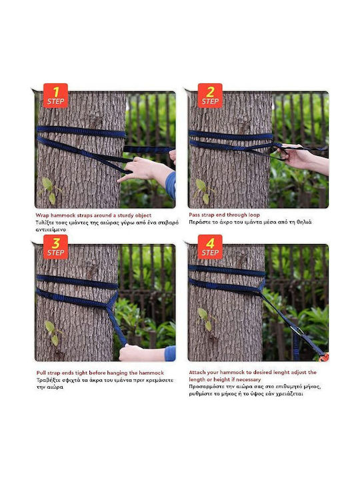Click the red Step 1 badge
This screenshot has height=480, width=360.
tap(55, 96)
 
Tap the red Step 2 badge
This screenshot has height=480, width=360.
tap(210, 96)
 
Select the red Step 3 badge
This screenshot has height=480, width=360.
tap(55, 247)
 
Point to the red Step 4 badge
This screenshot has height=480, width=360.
tap(210, 247)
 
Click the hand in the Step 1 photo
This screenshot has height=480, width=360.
tap(144, 169)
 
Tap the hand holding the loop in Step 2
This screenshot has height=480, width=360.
tap(295, 157)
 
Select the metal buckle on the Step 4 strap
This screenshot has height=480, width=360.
tap(297, 330)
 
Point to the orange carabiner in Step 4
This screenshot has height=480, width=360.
tap(325, 357)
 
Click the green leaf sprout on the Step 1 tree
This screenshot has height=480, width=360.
tap(49, 190)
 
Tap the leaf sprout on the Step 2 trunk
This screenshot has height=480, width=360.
tap(203, 191)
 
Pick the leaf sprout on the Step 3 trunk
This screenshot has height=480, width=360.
tap(53, 333)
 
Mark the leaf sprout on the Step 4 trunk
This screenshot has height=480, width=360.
tap(206, 319)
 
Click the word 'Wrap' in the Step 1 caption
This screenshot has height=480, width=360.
tap(42, 215)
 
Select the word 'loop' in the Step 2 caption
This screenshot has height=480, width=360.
tap(253, 215)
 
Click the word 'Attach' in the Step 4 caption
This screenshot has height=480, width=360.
tap(197, 373)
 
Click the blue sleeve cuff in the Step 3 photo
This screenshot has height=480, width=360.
tap(170, 353)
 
